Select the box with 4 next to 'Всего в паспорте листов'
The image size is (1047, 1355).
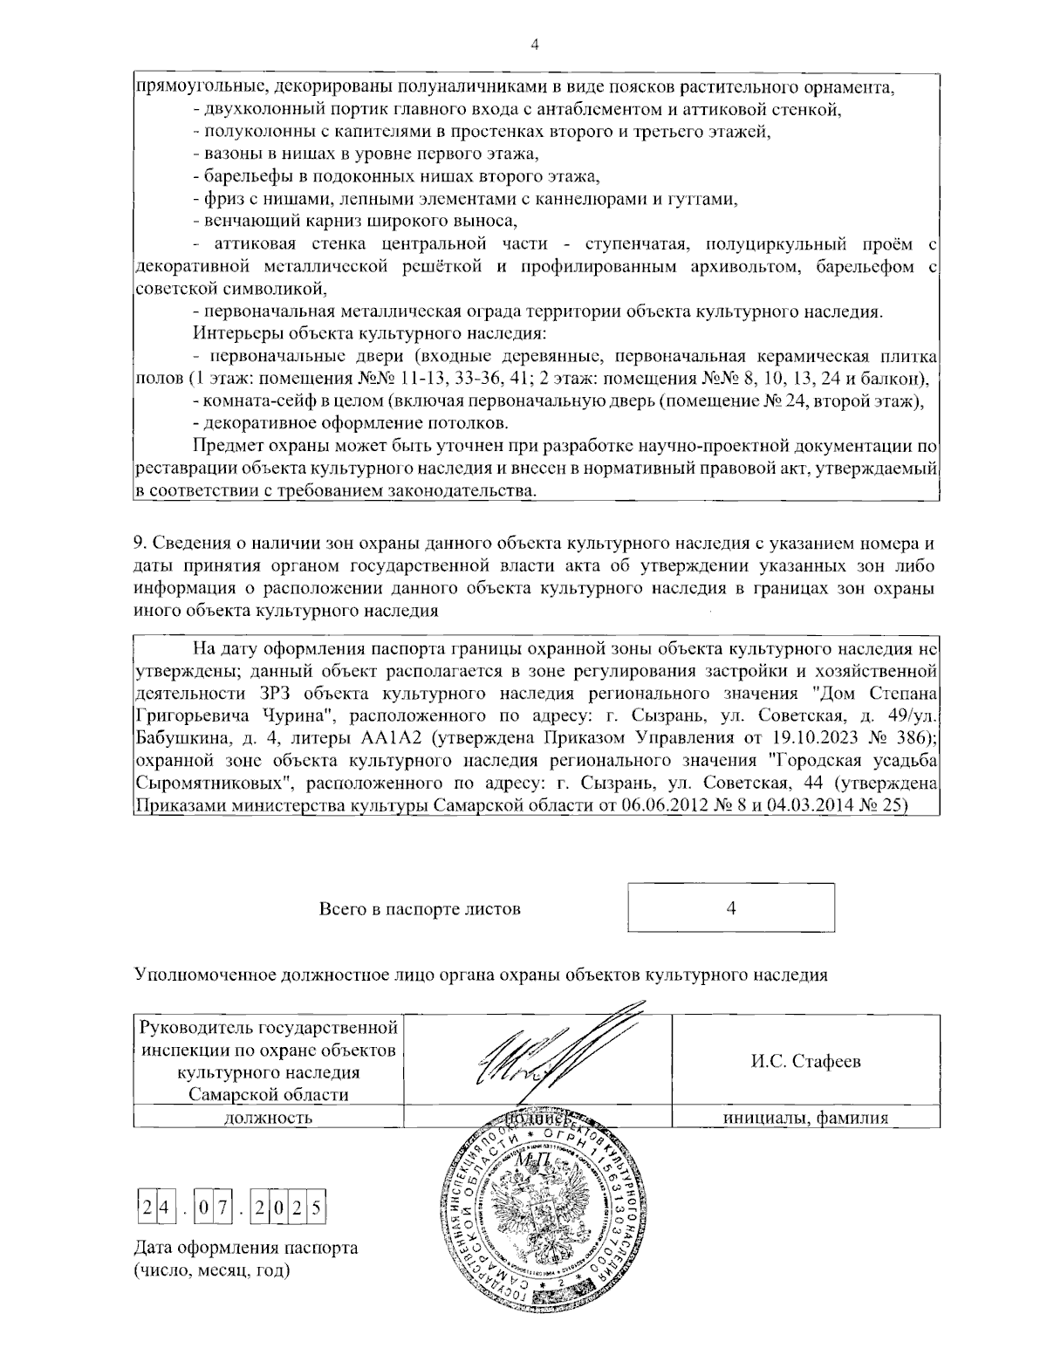(x=730, y=907)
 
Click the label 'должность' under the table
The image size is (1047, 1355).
(x=269, y=1118)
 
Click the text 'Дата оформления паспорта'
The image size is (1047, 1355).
(x=245, y=1248)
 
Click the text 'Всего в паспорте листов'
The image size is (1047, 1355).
(x=420, y=909)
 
